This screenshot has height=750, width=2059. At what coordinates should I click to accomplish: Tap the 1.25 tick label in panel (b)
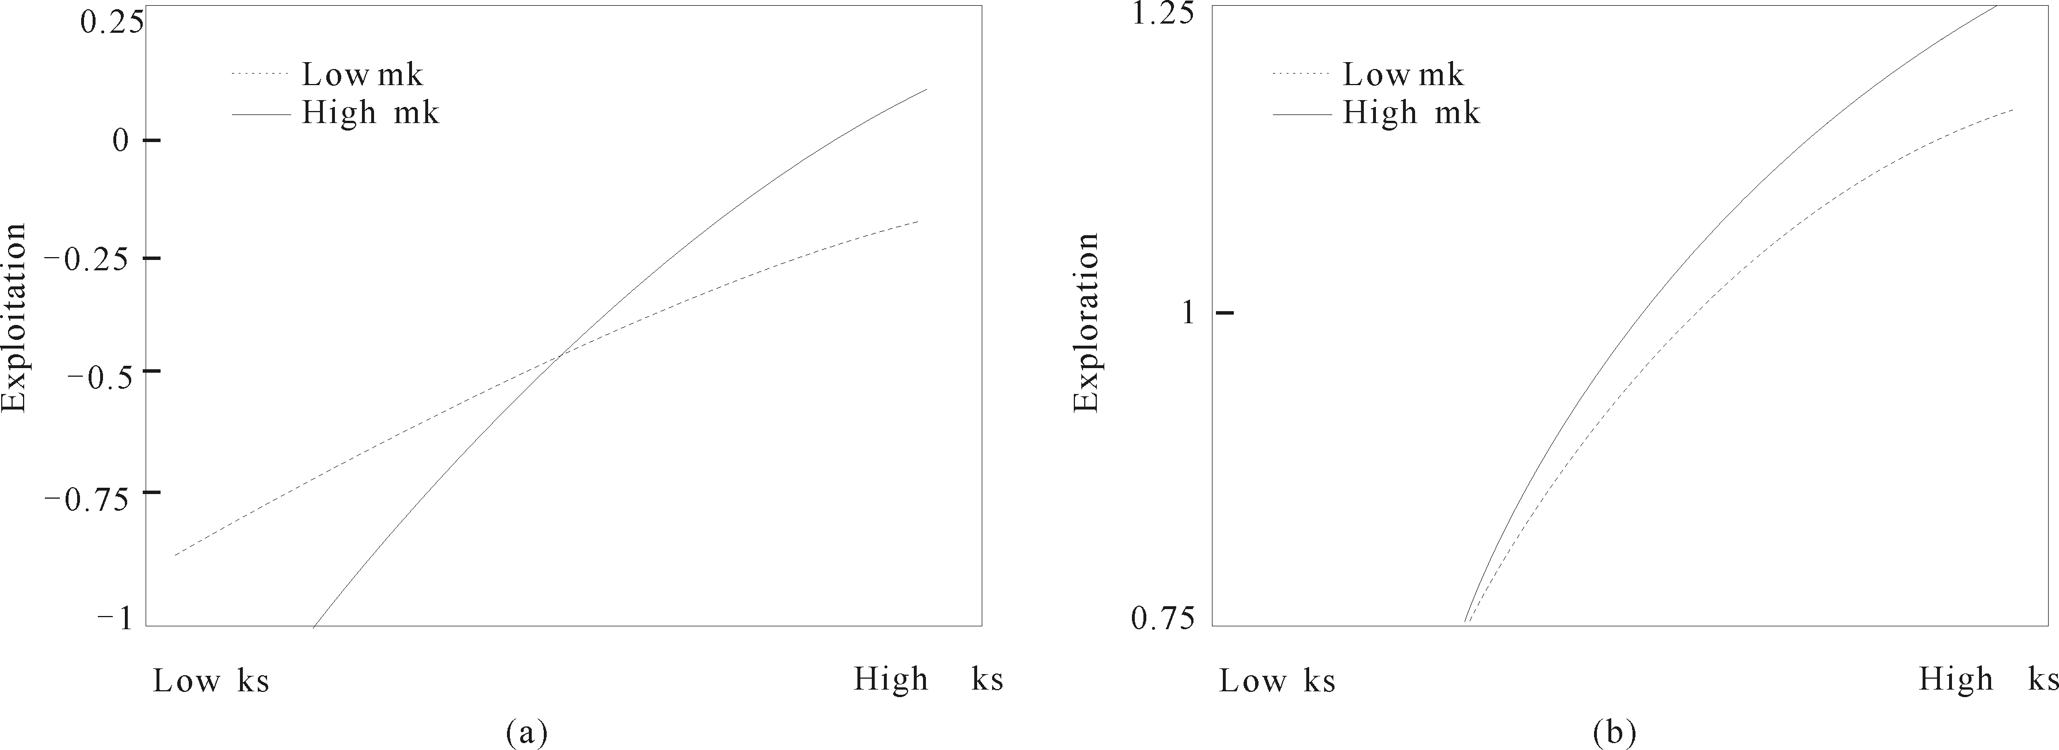click(1165, 14)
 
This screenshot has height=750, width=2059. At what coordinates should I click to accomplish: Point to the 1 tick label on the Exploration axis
click(1188, 312)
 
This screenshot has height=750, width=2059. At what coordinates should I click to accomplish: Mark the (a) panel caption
click(527, 732)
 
